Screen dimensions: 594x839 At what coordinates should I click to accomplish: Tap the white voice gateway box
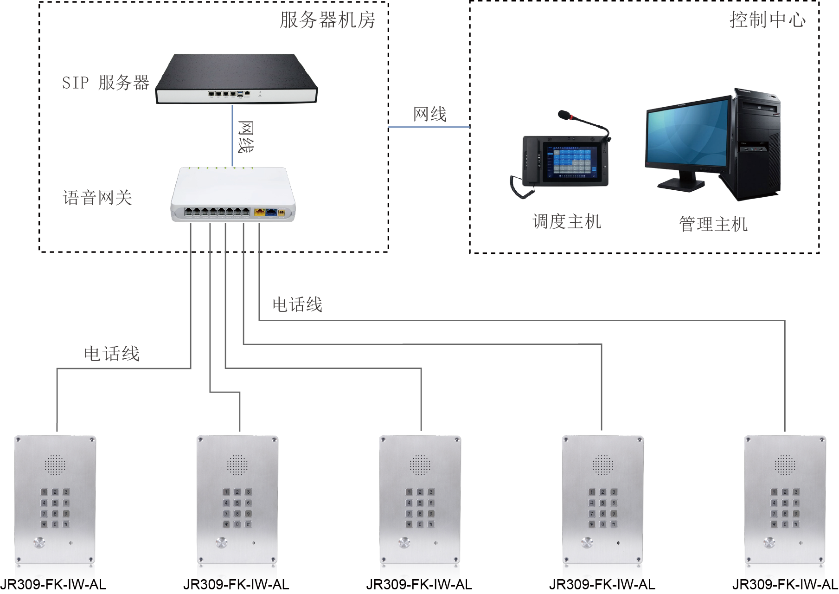(233, 195)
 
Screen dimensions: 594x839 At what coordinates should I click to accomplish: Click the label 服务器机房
(327, 20)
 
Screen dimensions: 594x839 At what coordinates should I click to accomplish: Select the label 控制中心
(767, 20)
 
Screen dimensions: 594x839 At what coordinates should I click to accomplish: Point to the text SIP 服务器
(106, 83)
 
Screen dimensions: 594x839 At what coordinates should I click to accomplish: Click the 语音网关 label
(97, 198)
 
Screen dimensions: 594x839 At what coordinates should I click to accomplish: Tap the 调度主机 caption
(567, 222)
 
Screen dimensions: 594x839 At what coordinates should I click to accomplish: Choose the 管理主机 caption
(713, 224)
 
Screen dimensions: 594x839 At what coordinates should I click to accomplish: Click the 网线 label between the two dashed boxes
(430, 114)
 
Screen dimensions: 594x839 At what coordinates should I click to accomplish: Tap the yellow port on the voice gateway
(259, 213)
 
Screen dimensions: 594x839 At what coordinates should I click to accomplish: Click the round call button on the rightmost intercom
(769, 542)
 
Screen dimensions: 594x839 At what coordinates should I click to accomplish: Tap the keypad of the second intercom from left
(237, 508)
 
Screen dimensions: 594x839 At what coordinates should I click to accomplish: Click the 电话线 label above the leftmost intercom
(112, 354)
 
